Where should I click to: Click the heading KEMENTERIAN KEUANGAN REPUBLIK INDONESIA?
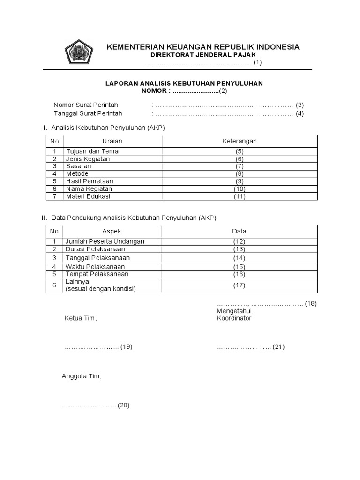tap(203, 47)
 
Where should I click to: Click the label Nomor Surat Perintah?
tap(86, 105)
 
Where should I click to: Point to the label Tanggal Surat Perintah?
tap(88, 113)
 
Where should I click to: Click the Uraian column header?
tap(112, 141)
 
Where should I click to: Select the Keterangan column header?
tap(239, 141)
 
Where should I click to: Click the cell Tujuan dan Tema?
tap(92, 151)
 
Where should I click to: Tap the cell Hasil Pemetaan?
tap(90, 181)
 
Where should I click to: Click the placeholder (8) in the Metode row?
tap(240, 173)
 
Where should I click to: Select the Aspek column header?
tap(112, 231)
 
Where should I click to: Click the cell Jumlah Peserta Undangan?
tap(105, 241)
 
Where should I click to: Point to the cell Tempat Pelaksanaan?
tap(97, 274)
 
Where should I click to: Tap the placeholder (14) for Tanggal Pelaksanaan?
tap(240, 258)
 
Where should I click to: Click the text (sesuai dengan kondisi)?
tap(101, 289)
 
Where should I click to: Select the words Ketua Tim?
tap(80, 318)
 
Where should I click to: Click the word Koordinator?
tap(234, 318)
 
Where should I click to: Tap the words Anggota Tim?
tap(82, 376)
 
